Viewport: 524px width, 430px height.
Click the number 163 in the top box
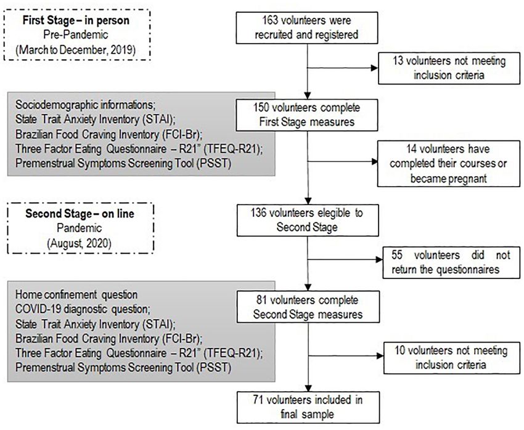[x=270, y=20]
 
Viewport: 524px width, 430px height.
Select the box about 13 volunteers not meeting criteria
[x=449, y=68]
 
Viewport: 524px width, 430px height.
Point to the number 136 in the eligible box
[x=259, y=213]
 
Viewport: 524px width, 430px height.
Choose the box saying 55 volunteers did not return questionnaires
[x=451, y=262]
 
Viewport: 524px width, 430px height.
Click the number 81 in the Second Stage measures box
[x=261, y=300]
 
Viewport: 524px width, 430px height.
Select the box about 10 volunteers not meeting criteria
[x=452, y=357]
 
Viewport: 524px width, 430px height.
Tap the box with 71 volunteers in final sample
[x=308, y=407]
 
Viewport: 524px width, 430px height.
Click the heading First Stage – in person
[x=76, y=20]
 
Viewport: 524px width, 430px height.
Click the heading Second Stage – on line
[x=80, y=214]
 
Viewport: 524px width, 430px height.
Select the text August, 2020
[x=80, y=243]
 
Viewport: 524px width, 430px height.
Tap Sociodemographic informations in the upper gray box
[x=85, y=105]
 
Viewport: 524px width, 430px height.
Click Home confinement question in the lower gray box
[x=76, y=295]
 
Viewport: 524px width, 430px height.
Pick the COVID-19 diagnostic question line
[x=83, y=309]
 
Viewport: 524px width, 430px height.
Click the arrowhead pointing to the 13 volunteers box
[x=375, y=68]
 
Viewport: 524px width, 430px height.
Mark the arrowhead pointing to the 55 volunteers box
[x=379, y=259]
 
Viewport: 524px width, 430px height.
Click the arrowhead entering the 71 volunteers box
[x=308, y=388]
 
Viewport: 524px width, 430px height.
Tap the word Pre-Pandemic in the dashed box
[x=76, y=34]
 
